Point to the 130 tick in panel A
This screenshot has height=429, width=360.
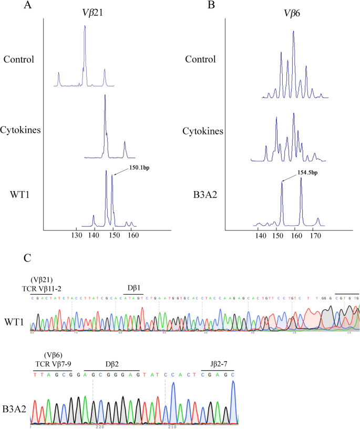pyautogui.click(x=77, y=237)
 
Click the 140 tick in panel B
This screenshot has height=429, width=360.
pyautogui.click(x=260, y=237)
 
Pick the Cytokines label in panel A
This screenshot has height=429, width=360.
pyautogui.click(x=19, y=130)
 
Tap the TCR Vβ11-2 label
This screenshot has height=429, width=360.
pyautogui.click(x=46, y=288)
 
